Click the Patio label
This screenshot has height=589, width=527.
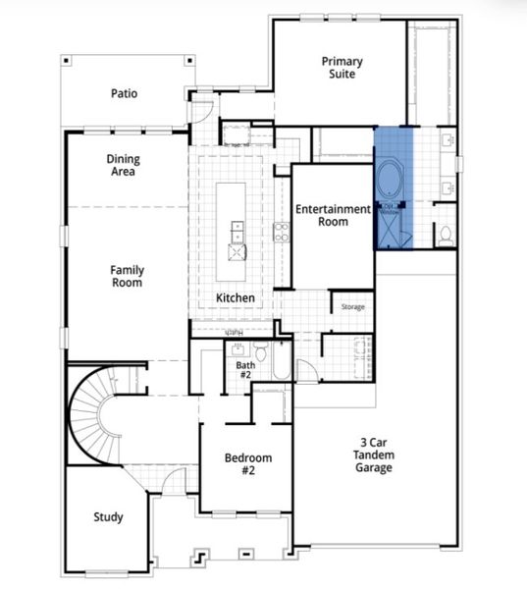[x=124, y=94]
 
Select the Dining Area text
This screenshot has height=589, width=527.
[x=123, y=165]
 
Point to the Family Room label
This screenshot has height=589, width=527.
[x=127, y=276]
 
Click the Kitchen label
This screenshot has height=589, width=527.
[x=236, y=297]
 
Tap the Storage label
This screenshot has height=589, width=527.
[x=352, y=307]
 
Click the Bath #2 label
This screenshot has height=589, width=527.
[x=244, y=370]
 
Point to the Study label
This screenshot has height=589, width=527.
[x=108, y=517]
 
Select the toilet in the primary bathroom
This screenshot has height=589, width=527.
[x=444, y=234]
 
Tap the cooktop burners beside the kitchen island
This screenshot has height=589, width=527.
[x=281, y=232]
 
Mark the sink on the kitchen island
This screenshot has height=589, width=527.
[x=237, y=232]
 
